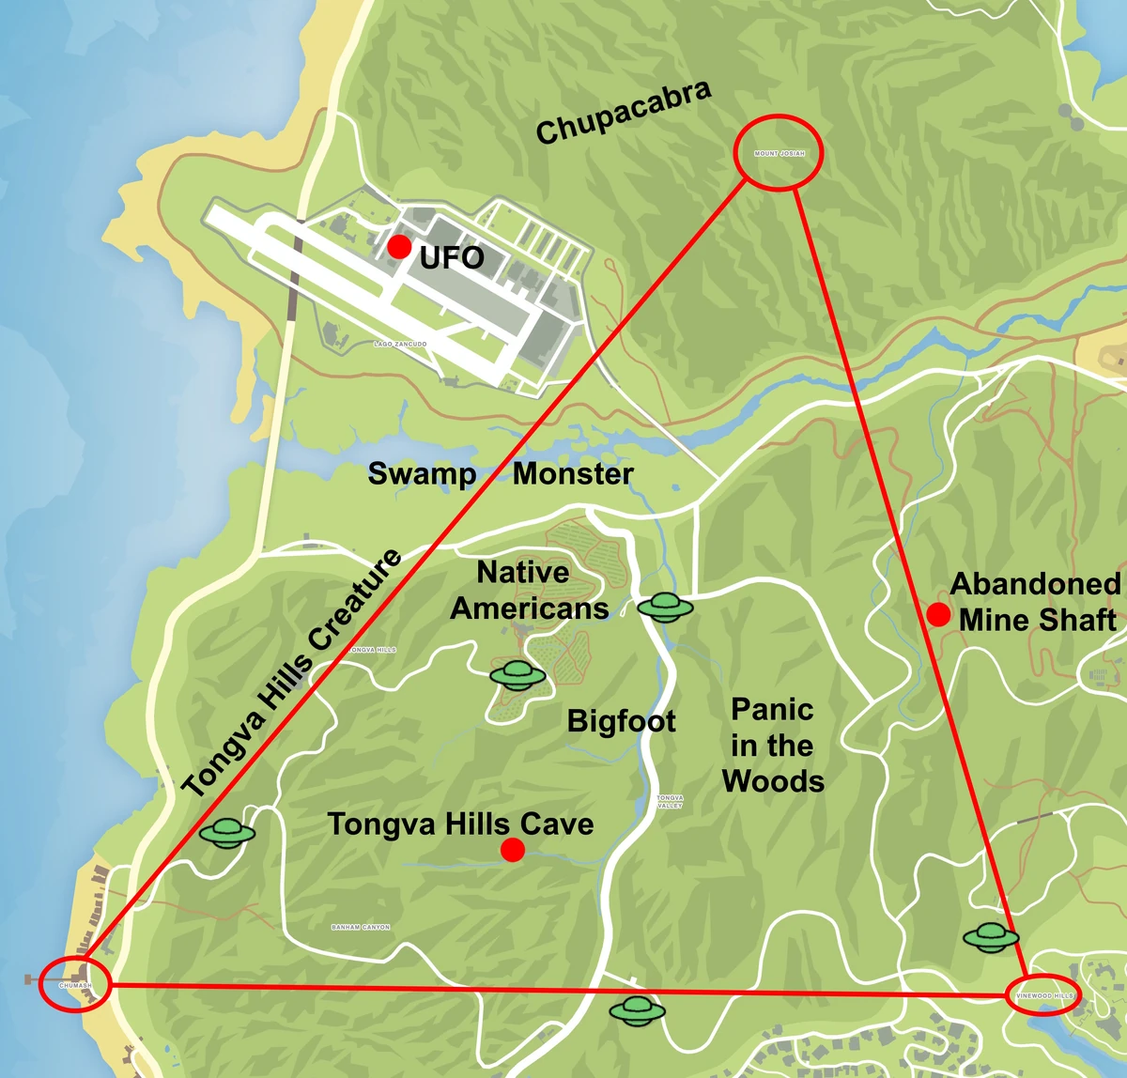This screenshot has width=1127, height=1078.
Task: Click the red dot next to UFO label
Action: [x=399, y=247]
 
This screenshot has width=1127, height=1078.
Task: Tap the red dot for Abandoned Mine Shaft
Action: [x=937, y=615]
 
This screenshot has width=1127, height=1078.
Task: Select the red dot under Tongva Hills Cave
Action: [x=512, y=851]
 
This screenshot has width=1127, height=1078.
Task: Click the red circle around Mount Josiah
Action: [x=778, y=153]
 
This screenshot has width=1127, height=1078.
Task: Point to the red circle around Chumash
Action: [x=76, y=984]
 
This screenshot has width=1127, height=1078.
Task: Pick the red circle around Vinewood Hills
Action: [x=1042, y=994]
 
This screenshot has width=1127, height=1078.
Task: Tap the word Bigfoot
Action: [x=621, y=721]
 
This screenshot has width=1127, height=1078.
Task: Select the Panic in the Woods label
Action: [x=773, y=745]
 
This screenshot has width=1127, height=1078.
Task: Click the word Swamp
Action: [x=422, y=473]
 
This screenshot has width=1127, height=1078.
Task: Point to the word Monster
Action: [x=573, y=473]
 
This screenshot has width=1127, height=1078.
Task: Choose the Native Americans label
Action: [x=529, y=590]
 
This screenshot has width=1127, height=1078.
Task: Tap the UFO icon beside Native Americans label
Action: [x=665, y=608]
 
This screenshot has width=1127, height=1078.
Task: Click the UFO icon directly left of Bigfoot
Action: [x=517, y=673]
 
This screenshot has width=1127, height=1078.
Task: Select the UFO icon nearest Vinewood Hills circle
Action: [x=991, y=936]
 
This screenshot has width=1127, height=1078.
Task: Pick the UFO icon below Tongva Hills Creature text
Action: [x=227, y=832]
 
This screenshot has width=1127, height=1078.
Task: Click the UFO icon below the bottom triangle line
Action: [x=637, y=1010]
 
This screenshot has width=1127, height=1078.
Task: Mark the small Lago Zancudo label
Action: [x=400, y=345]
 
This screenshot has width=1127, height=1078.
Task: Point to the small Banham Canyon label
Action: [x=361, y=927]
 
